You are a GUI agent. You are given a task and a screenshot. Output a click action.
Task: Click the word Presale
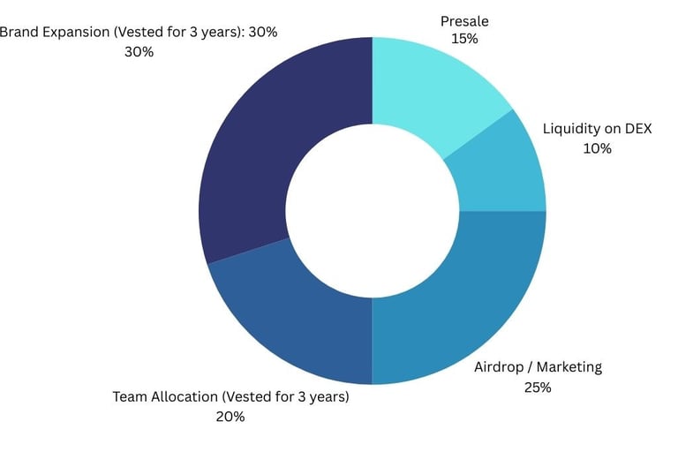click(464, 19)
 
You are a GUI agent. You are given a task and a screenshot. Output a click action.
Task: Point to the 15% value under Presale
click(464, 39)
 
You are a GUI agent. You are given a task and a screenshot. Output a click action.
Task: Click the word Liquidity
click(570, 129)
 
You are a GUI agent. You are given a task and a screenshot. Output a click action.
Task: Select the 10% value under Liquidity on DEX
click(597, 148)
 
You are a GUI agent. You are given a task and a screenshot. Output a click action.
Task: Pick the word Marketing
click(569, 367)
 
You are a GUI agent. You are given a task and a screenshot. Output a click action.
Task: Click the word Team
click(130, 396)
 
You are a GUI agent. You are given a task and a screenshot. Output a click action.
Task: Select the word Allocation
click(186, 396)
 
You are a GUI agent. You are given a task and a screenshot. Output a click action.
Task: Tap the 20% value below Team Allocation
click(230, 416)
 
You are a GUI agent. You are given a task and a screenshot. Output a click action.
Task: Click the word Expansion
click(76, 33)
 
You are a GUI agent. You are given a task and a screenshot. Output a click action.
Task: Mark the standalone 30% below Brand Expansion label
click(139, 52)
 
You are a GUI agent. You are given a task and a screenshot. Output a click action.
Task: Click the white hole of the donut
click(372, 211)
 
